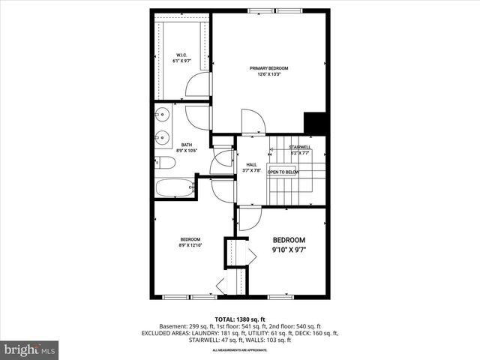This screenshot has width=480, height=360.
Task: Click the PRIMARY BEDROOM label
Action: click(268, 68)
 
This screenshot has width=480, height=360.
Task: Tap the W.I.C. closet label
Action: click(181, 55)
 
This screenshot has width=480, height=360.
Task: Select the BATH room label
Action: click(186, 145)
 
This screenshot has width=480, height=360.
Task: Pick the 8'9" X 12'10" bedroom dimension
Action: click(190, 244)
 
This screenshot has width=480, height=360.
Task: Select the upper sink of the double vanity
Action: click(162, 115)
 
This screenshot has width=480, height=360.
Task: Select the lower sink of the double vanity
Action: click(162, 137)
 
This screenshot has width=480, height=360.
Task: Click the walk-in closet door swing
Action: click(198, 85)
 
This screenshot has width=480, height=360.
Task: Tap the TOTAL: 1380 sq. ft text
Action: click(240, 319)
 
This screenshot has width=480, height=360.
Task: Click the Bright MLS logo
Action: click(30, 349)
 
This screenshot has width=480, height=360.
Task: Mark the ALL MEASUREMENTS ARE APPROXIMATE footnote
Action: click(240, 350)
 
